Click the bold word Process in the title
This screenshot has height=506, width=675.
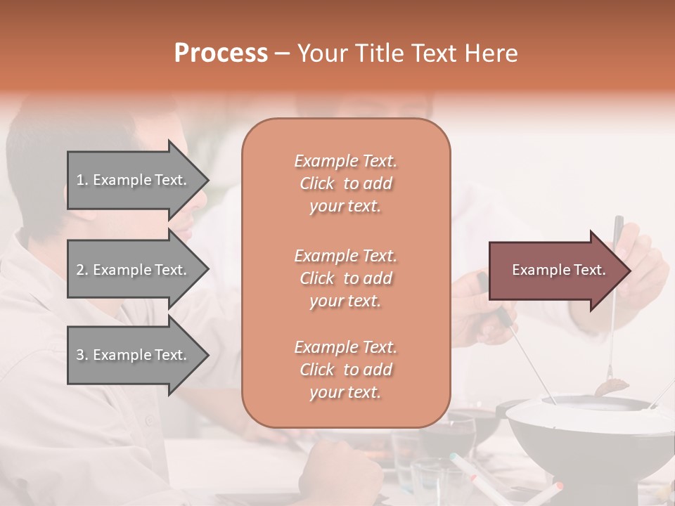[221, 53]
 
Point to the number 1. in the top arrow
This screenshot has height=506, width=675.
[82, 180]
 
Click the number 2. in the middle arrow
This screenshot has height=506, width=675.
[82, 270]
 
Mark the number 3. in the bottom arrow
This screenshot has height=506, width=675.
[82, 355]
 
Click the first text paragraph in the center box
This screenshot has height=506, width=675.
[345, 183]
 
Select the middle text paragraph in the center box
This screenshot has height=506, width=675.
[345, 278]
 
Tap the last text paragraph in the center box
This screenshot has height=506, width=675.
[345, 370]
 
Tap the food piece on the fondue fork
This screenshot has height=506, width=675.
[612, 386]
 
